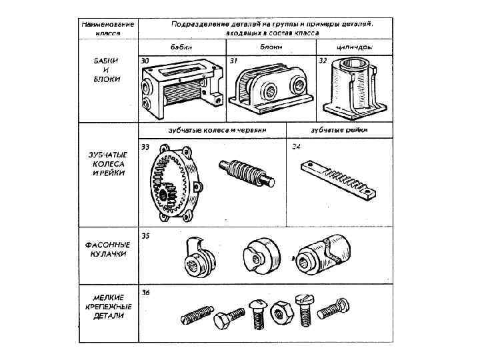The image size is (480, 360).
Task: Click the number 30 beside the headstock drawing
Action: tap(145, 61)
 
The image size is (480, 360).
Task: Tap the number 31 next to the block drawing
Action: tap(233, 61)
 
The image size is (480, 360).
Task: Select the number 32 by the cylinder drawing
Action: tap(323, 61)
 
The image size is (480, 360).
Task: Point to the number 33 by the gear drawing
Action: tap(145, 146)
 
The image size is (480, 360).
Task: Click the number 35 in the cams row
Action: tap(145, 235)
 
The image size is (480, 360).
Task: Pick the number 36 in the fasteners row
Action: tap(145, 292)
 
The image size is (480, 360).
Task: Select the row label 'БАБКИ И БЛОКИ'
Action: tap(107, 69)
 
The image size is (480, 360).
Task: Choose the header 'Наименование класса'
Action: tap(107, 27)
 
